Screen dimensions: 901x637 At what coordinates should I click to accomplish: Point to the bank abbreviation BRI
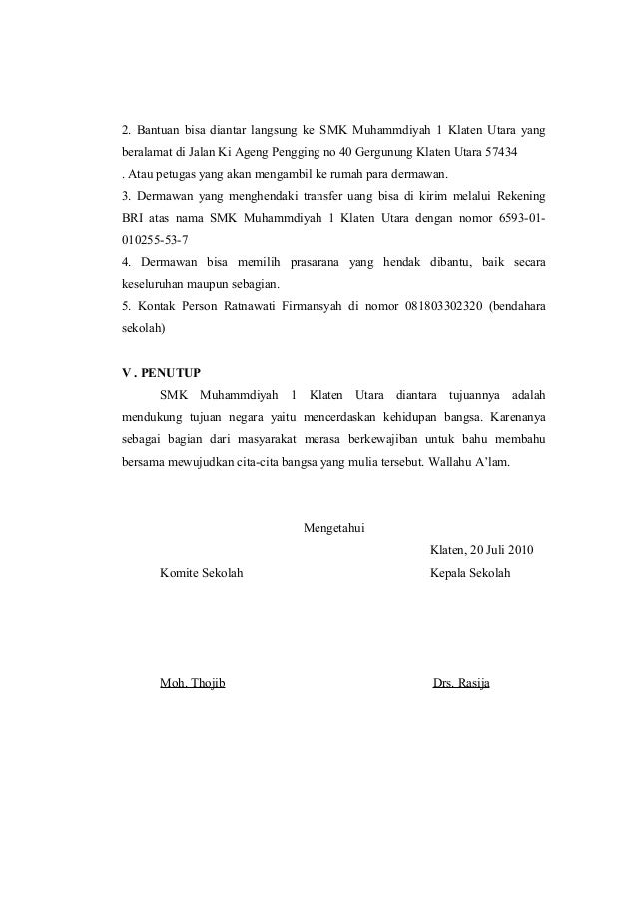tap(134, 218)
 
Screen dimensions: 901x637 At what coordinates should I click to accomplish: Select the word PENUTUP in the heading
tap(170, 372)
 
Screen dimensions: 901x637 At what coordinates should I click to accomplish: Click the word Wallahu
tap(448, 462)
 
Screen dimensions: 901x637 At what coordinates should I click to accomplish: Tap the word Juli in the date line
tap(484, 550)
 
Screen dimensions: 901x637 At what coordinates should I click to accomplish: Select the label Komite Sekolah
tap(201, 573)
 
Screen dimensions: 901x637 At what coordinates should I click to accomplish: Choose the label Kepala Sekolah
tap(469, 573)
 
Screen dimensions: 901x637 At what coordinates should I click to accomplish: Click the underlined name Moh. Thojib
tap(192, 683)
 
